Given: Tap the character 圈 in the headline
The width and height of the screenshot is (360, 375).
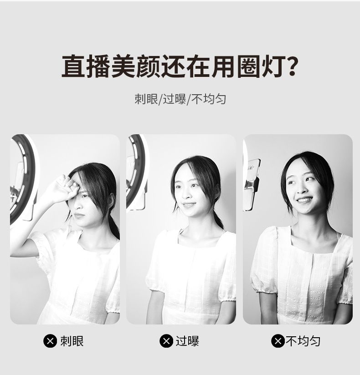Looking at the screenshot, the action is click(x=249, y=66).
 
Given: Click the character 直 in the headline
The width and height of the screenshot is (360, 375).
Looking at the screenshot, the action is click(x=73, y=66).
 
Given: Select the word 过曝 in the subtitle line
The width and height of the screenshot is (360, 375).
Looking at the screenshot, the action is click(x=175, y=99).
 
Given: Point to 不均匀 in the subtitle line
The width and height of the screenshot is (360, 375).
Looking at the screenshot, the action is click(x=209, y=99).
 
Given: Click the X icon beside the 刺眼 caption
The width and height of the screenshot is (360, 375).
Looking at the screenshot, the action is click(x=50, y=341).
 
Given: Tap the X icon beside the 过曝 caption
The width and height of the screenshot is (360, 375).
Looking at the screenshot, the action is click(x=166, y=341).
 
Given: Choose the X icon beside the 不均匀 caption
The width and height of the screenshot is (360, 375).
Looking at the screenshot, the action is click(x=278, y=341).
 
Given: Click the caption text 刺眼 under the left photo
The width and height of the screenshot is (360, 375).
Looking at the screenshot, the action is click(x=72, y=341).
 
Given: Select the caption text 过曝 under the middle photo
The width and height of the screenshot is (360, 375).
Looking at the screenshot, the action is click(x=187, y=341).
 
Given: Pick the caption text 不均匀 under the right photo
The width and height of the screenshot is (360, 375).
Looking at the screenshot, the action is click(x=303, y=341).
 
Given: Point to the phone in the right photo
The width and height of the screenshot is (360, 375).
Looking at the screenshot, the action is click(x=252, y=185).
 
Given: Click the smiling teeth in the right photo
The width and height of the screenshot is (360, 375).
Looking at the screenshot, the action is click(x=304, y=199).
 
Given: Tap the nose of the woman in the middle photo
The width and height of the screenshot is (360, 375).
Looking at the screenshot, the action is click(x=187, y=194).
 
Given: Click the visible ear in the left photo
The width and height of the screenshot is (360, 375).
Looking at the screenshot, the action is click(x=111, y=200).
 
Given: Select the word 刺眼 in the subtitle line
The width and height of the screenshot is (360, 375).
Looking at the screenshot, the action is click(x=146, y=99).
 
